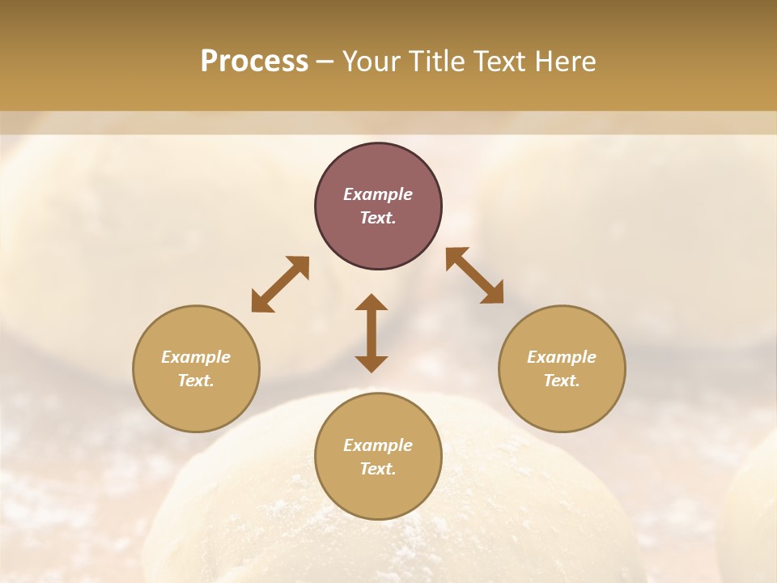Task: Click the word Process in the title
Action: (x=254, y=62)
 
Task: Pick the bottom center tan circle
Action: (x=378, y=494)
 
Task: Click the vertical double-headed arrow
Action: (x=372, y=333)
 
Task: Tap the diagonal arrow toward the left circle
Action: (x=280, y=284)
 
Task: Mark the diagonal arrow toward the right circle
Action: (x=474, y=275)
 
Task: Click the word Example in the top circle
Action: (x=378, y=194)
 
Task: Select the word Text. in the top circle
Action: (x=378, y=218)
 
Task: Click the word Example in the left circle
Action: (x=196, y=357)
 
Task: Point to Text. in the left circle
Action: (x=196, y=381)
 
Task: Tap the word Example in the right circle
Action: (x=562, y=357)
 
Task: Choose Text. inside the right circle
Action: (x=562, y=381)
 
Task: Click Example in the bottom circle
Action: (x=378, y=445)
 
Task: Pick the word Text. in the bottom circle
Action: (x=378, y=469)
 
